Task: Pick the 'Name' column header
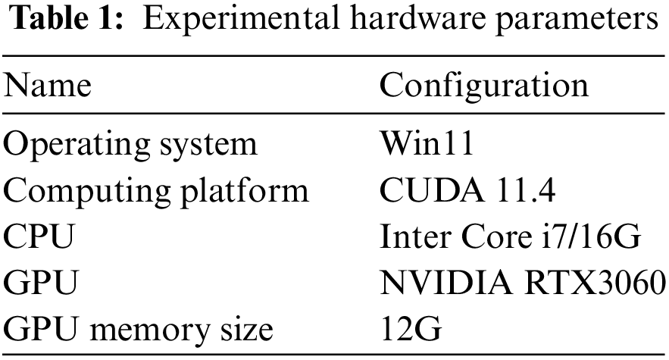[x=48, y=86]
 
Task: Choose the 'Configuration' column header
[x=483, y=86]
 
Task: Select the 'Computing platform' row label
[x=156, y=191]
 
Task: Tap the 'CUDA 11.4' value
[x=468, y=190]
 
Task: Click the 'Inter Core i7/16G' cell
[x=511, y=237]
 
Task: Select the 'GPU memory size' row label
[x=137, y=330]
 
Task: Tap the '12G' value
[x=409, y=330]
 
